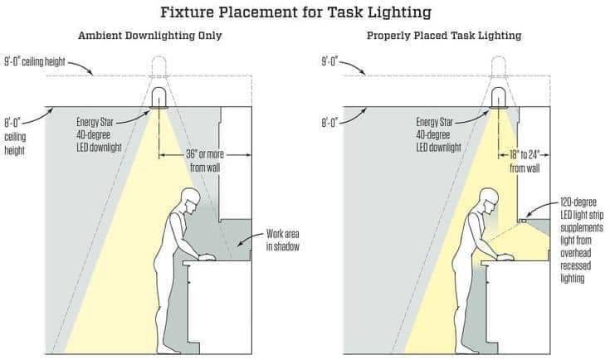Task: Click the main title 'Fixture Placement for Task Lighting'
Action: point(295,12)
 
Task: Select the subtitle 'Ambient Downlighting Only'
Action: point(149,36)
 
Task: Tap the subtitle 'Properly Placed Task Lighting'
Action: point(444,36)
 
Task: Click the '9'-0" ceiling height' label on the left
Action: point(35,62)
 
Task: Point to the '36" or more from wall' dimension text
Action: point(205,161)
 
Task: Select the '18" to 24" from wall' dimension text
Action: point(525,162)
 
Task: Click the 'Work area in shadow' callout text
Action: point(283,241)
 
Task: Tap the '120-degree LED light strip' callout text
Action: point(581,209)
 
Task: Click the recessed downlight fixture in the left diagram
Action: point(159,97)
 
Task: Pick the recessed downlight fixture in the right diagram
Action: point(498,97)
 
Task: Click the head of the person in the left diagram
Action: point(191,200)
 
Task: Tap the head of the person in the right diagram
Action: point(489,200)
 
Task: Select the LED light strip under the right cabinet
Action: point(524,221)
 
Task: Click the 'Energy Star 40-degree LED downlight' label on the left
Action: point(100,135)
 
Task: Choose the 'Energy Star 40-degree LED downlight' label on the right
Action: point(439,135)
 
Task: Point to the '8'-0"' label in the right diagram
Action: point(330,124)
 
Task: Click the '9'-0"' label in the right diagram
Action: point(330,62)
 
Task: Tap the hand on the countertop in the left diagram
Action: point(207,256)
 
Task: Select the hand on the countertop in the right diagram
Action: point(505,256)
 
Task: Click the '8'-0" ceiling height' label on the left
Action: point(15,137)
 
